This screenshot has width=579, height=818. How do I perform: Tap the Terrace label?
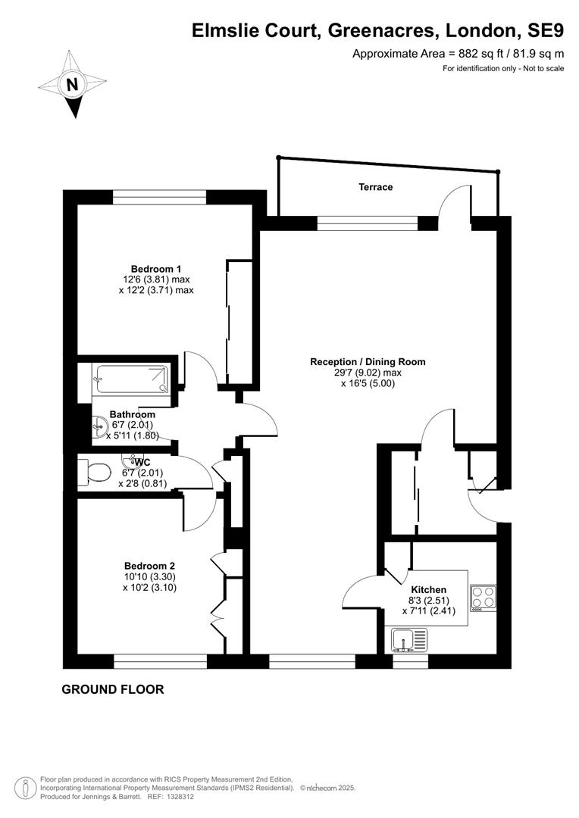(x=375, y=187)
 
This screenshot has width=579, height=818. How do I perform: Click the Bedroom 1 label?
(x=155, y=269)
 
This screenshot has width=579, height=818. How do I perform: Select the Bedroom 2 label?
(x=149, y=566)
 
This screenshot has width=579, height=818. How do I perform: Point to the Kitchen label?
(x=428, y=589)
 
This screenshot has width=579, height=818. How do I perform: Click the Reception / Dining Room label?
(x=368, y=361)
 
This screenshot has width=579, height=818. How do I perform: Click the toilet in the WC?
(x=93, y=473)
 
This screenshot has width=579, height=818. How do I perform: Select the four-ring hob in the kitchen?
(x=484, y=598)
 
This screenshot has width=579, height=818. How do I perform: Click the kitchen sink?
(x=408, y=640)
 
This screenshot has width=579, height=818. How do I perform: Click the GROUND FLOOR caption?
(x=113, y=689)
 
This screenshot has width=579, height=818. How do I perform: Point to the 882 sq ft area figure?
(x=477, y=53)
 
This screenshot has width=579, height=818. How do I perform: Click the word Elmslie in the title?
(x=227, y=31)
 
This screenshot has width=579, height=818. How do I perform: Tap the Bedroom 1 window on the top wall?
(x=160, y=197)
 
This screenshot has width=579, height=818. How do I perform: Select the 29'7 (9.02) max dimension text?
(x=368, y=373)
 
